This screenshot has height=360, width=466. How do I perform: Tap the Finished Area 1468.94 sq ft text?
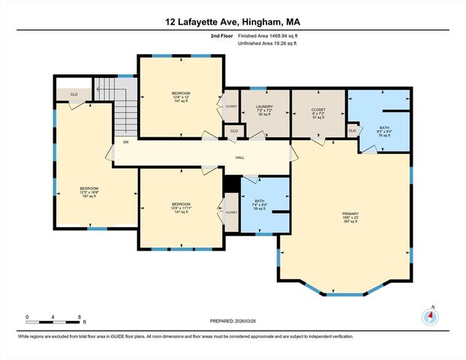click(x=267, y=35)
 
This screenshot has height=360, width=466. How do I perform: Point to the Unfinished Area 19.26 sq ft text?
click(x=267, y=44)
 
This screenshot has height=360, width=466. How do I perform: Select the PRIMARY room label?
click(x=351, y=217)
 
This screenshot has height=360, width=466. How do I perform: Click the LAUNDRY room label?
click(x=265, y=110)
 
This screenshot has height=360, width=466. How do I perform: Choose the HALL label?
click(x=240, y=157)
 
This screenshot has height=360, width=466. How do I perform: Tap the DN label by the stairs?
click(x=126, y=142)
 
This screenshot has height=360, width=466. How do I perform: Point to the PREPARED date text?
click(x=233, y=322)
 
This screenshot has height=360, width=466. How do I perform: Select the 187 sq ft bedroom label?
click(x=89, y=192)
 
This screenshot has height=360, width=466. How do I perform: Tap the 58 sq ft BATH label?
click(x=260, y=205)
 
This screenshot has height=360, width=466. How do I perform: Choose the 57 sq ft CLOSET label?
click(x=318, y=113)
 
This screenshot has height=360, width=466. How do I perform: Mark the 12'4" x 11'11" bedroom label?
click(x=181, y=208)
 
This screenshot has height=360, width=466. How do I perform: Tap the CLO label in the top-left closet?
click(x=74, y=94)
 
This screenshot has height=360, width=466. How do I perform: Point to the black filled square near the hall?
click(x=233, y=183)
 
